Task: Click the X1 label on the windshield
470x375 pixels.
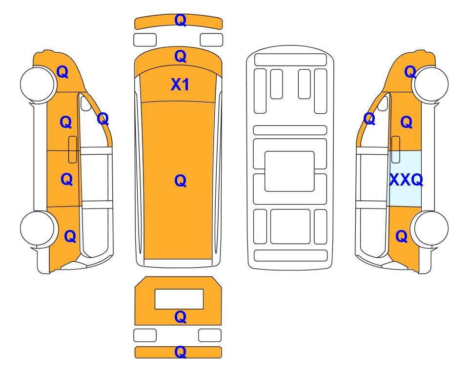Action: (x=180, y=84)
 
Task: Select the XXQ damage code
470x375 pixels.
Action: (x=406, y=180)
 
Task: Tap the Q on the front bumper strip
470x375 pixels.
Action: (x=181, y=20)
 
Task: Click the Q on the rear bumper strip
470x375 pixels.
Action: (x=181, y=352)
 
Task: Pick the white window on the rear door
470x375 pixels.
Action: (x=179, y=299)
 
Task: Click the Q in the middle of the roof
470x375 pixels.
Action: (x=181, y=181)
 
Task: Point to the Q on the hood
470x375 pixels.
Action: (x=181, y=56)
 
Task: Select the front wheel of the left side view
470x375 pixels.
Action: (x=38, y=84)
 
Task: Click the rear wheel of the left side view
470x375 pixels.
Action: (x=38, y=229)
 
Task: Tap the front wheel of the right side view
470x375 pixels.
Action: (x=430, y=84)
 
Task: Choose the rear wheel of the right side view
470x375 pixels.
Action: (x=430, y=229)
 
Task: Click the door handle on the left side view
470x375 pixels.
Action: (x=73, y=149)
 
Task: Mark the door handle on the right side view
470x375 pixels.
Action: (x=396, y=149)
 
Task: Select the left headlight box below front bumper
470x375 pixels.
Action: (x=145, y=40)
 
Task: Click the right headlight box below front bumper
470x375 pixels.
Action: (x=212, y=40)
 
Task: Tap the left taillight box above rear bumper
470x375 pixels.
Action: (x=145, y=335)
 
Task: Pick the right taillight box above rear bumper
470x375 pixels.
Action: (x=210, y=335)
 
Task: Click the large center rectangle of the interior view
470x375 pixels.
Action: (x=289, y=171)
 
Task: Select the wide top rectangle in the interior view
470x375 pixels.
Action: (x=290, y=60)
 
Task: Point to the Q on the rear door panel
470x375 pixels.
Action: (x=181, y=317)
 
